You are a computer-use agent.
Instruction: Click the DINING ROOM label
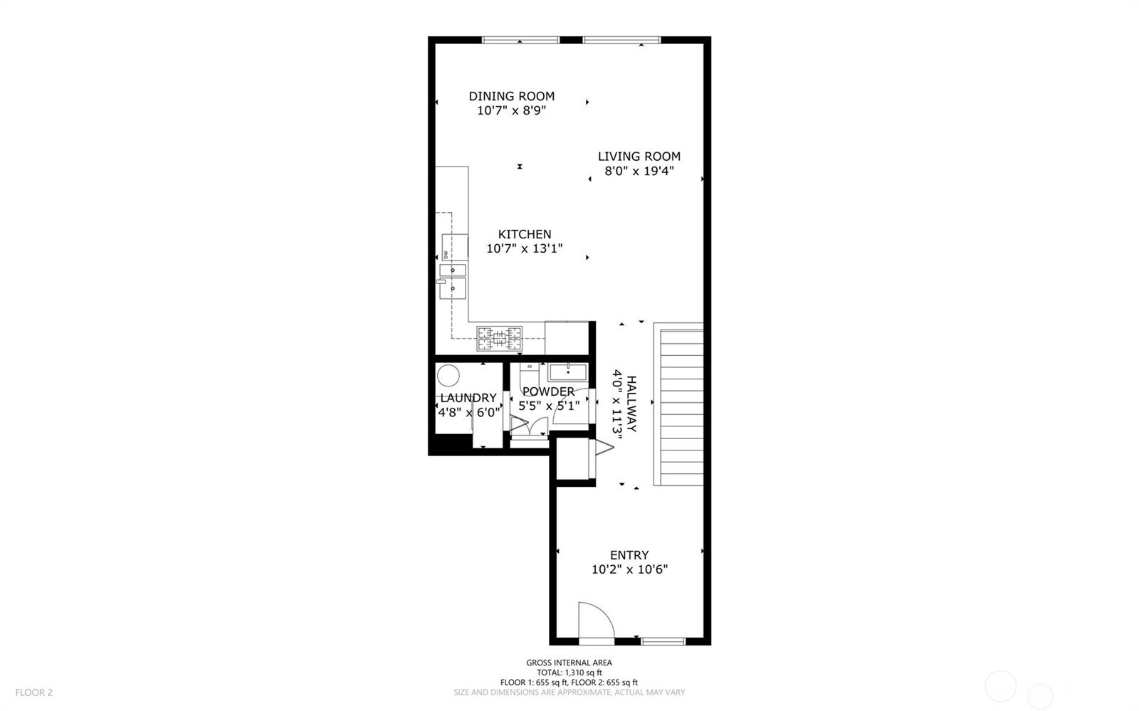pyautogui.click(x=511, y=96)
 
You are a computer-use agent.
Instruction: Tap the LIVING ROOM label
pyautogui.click(x=639, y=157)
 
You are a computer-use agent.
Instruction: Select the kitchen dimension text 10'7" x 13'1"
pyautogui.click(x=524, y=249)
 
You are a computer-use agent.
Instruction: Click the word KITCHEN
pyautogui.click(x=524, y=234)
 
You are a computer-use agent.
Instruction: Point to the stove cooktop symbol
pyautogui.click(x=499, y=338)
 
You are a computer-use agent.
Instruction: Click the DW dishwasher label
pyautogui.click(x=446, y=255)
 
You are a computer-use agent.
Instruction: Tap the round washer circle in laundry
pyautogui.click(x=448, y=375)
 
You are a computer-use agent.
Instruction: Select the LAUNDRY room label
pyautogui.click(x=468, y=398)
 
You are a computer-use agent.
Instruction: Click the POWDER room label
pyautogui.click(x=548, y=391)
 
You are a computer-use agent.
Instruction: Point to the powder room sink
pyautogui.click(x=567, y=372)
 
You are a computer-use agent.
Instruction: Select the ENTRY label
pyautogui.click(x=629, y=555)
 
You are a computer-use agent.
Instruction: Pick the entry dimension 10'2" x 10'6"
pyautogui.click(x=629, y=570)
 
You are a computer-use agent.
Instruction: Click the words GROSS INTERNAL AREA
pyautogui.click(x=569, y=663)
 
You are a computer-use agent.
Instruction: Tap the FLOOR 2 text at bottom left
pyautogui.click(x=34, y=692)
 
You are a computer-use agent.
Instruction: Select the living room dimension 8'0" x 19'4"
pyautogui.click(x=639, y=172)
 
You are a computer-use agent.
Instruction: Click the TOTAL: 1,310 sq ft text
pyautogui.click(x=569, y=673)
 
